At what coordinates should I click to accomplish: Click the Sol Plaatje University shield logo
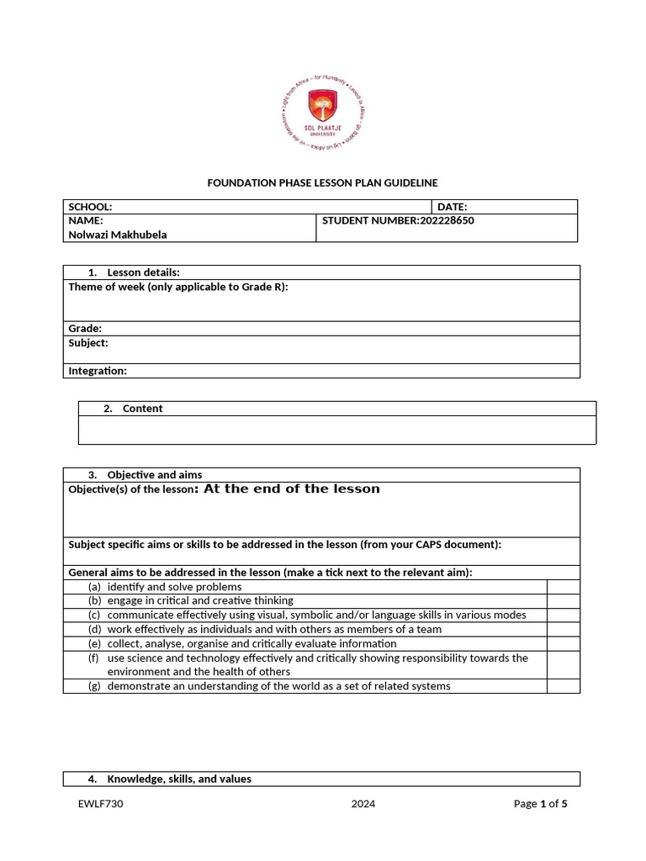(x=323, y=109)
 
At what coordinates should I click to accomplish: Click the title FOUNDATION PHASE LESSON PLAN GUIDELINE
(x=323, y=182)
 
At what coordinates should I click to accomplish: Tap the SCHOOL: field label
(x=90, y=207)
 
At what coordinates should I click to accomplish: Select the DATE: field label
(x=453, y=207)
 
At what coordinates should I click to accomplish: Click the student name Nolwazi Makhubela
(x=118, y=235)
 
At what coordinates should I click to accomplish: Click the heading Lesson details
(x=143, y=272)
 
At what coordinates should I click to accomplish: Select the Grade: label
(x=85, y=328)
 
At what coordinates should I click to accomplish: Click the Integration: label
(x=98, y=371)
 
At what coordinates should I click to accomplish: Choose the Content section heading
(x=142, y=409)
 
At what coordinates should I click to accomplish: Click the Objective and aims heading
(x=154, y=474)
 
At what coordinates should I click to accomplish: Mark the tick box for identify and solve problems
(x=563, y=587)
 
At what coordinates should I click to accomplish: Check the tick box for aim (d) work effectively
(x=563, y=629)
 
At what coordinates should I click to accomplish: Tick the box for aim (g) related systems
(x=563, y=686)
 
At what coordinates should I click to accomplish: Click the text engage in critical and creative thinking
(x=200, y=600)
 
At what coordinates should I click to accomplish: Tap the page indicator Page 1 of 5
(x=540, y=804)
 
